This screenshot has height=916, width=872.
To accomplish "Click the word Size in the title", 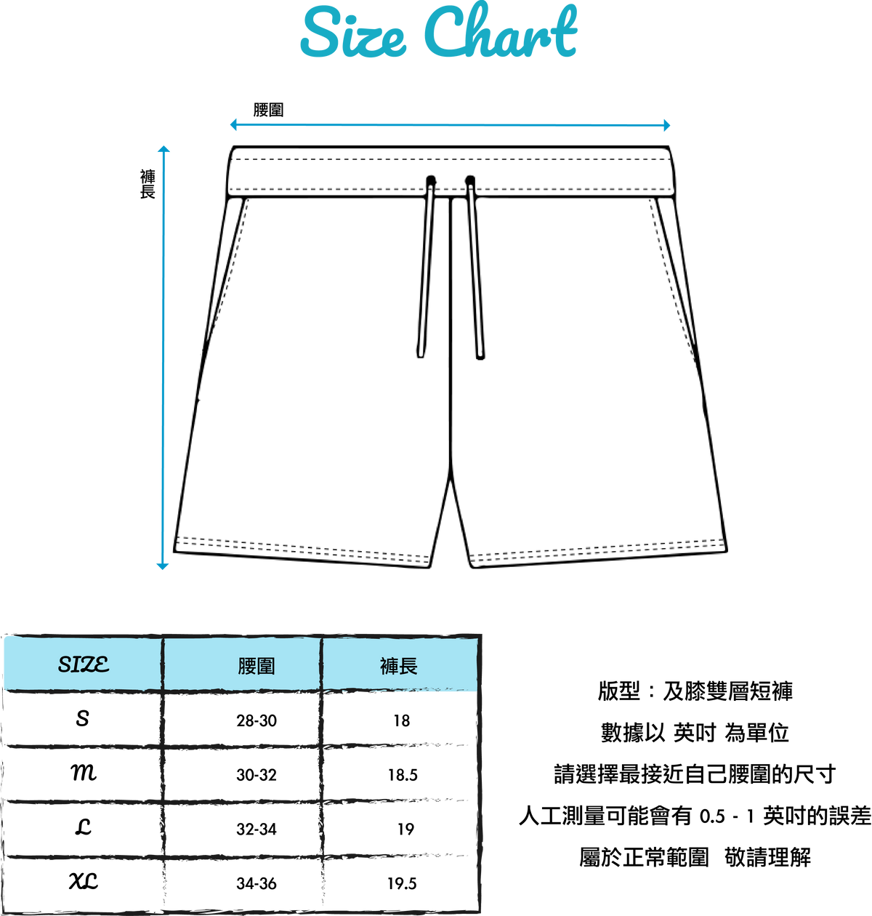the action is point(353,33).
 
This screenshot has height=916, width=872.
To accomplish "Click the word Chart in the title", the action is point(500,31).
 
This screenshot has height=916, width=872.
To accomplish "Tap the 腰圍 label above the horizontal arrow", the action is point(268,110).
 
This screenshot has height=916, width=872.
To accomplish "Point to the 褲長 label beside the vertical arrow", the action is point(148,184).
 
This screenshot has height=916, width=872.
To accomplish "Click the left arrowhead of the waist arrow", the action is point(233,124).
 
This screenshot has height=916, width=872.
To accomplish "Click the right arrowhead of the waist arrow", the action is point(666,125).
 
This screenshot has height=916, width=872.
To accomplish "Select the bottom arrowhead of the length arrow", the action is point(163,566).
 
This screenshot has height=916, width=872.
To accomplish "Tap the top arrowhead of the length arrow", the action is point(163,149).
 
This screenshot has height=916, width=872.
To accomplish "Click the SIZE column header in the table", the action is point(84,664).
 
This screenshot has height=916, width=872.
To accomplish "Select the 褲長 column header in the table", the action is point(399,666).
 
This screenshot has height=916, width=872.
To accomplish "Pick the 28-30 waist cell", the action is point(257,720).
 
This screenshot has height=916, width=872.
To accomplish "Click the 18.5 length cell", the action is point(403,775).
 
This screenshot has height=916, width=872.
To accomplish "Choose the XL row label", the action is point(84,881).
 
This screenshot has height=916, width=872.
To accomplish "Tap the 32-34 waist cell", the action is point(257,829).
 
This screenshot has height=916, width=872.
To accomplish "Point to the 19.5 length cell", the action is point(402,883).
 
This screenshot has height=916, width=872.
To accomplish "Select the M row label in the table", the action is point(84,773).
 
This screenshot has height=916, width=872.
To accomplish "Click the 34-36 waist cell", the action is point(257,883).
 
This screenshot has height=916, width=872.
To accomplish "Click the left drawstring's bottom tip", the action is point(420,356).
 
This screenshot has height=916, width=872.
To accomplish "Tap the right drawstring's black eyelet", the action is point(469,180).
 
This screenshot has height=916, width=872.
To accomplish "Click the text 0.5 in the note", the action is point(712,816).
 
